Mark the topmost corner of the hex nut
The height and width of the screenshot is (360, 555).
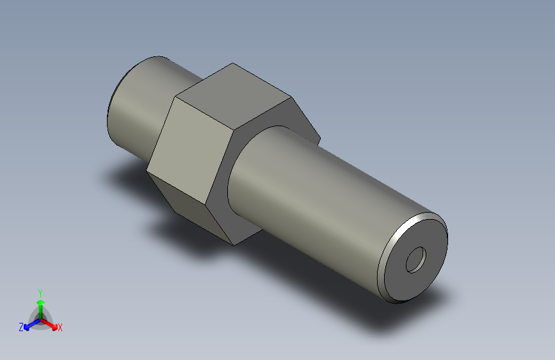(232, 63)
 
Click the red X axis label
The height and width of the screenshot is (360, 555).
(60, 328)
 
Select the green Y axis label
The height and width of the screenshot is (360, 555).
(40, 291)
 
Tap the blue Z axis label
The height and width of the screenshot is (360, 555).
(21, 327)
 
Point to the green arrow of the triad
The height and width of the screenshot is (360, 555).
(40, 305)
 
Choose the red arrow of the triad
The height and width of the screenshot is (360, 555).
(51, 323)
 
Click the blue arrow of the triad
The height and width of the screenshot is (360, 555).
(29, 324)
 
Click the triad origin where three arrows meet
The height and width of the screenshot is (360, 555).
(40, 319)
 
